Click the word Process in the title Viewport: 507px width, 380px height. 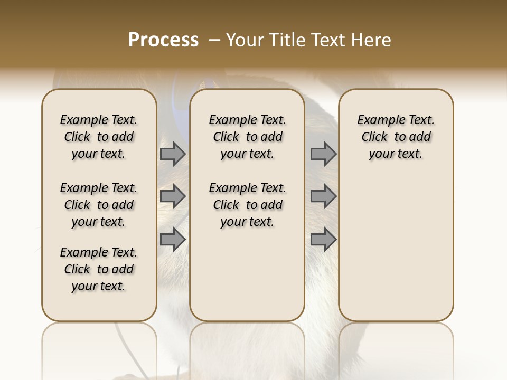163,40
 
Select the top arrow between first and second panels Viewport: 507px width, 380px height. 173,154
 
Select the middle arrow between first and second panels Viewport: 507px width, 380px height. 173,196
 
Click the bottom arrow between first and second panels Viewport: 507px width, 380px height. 173,240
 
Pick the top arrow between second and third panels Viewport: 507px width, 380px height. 323,154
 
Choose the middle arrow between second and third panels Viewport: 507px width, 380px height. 323,196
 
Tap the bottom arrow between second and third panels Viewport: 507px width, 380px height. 323,240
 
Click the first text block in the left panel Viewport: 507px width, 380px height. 99,137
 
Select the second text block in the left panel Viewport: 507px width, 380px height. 99,205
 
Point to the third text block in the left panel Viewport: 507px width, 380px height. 99,269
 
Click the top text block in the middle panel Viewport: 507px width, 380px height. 247,137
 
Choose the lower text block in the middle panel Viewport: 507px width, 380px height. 247,205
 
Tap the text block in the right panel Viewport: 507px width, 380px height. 396,137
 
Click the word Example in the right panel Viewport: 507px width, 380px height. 376,120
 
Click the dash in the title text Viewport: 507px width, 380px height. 214,40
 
